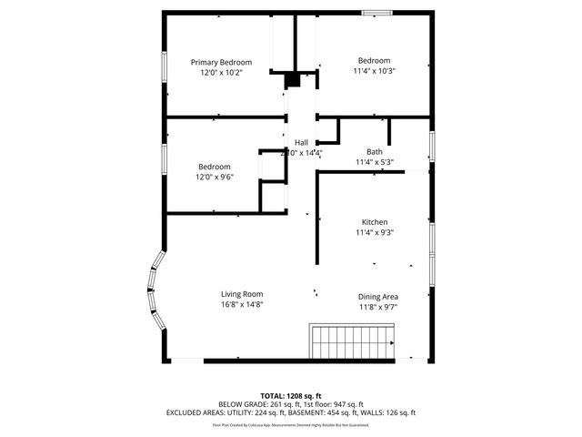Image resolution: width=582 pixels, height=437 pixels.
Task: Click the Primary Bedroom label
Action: coord(221,62)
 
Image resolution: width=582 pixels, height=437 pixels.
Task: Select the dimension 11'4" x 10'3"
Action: coord(375,70)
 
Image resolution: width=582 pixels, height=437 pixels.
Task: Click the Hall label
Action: coord(301,142)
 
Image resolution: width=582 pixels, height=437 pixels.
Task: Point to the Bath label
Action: coord(375,151)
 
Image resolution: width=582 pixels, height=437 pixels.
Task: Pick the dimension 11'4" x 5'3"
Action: coord(375,162)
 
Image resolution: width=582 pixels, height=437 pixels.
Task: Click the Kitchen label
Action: coord(375,222)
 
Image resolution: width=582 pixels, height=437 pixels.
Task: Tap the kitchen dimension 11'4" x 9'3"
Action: coord(375,232)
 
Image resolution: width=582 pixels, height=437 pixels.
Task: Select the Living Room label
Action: coord(242,293)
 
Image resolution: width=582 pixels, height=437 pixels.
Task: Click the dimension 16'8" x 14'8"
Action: coord(242,304)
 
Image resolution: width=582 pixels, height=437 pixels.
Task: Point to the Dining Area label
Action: coord(377,296)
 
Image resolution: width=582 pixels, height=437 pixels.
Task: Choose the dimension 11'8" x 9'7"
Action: coord(377,307)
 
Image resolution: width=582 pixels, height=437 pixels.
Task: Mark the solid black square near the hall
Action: coord(292,80)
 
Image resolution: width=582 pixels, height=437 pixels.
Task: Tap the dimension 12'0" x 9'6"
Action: coord(215,177)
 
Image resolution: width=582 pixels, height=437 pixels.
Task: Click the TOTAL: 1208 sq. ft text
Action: coord(291,395)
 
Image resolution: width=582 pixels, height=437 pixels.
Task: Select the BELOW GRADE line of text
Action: coord(291,403)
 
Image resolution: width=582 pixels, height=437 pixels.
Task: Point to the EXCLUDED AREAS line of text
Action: coord(291,412)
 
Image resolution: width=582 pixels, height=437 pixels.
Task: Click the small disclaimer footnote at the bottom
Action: coord(291,424)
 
